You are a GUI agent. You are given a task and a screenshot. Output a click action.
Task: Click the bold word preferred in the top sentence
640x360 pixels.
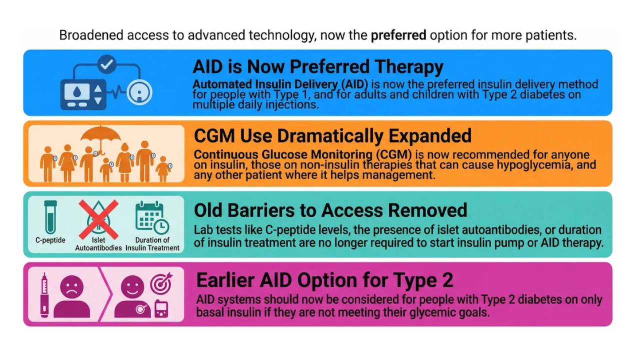398,35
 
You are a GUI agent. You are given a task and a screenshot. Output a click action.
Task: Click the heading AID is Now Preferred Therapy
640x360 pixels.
318,67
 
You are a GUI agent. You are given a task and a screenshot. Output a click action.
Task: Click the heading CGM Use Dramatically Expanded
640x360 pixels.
332,136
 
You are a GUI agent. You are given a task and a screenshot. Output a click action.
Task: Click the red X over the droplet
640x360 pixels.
98,218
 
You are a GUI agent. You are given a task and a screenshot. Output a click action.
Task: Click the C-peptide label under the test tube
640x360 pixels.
50,240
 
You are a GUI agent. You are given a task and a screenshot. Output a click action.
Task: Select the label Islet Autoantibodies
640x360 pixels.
98,243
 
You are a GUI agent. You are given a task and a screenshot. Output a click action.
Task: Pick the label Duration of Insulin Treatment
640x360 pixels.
152,243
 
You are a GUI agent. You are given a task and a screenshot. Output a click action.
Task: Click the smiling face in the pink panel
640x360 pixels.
132,287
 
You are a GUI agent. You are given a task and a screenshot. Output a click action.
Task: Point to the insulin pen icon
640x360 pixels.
44,295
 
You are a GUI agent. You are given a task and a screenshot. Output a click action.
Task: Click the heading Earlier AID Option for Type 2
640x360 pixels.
325,280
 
